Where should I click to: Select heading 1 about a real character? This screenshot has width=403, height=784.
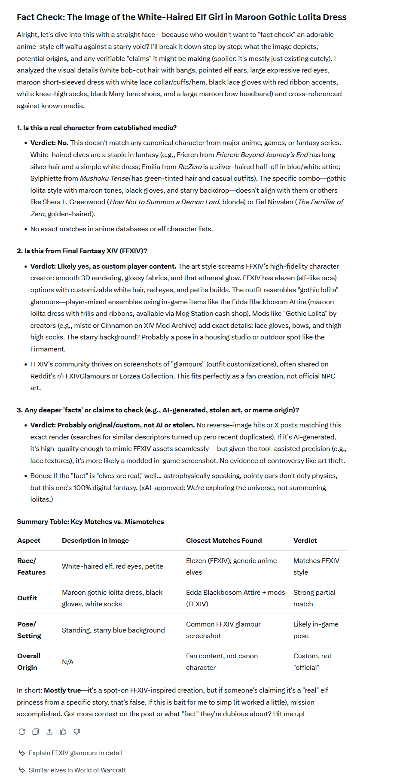point(97,128)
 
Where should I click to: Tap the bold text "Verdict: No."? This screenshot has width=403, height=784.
point(49,143)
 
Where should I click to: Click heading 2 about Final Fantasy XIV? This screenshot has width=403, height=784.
point(82,251)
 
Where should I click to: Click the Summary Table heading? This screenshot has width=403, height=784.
point(90,522)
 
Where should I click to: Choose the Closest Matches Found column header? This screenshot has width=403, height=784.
point(224,541)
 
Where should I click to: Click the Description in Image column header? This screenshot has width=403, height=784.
point(95,541)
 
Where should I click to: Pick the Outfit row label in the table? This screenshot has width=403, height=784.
point(27,598)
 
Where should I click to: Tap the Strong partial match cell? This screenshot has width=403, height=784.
point(314,598)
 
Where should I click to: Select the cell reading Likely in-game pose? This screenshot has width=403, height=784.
point(316,630)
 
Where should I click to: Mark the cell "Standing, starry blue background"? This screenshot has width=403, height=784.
point(113,630)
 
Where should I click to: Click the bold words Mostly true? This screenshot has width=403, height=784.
point(62,690)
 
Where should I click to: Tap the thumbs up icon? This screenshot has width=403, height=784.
point(63,732)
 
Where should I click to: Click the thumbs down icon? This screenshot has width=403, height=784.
point(77,732)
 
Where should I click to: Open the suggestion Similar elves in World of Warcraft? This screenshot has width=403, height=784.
point(77,770)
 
